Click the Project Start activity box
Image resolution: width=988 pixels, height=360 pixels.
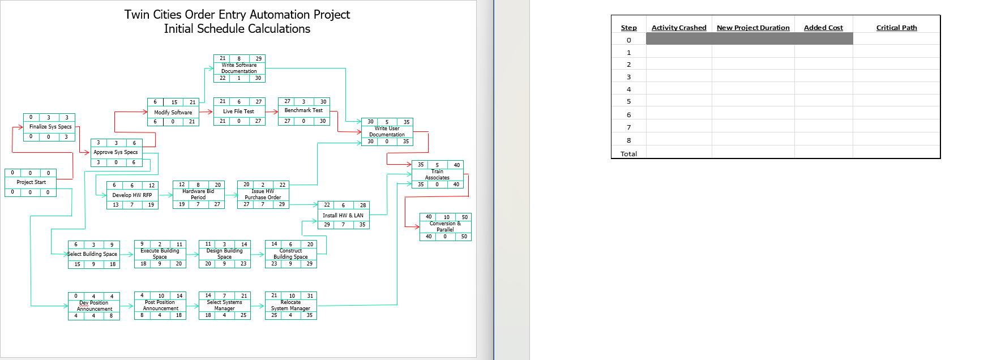[x=31, y=182]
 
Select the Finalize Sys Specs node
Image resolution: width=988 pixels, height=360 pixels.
[x=49, y=127]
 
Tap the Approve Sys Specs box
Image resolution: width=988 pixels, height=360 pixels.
[x=116, y=152]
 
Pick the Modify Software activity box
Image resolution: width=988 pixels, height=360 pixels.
[x=173, y=112]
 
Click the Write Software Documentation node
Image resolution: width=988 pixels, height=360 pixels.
[x=239, y=68]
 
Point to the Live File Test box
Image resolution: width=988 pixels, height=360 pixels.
[x=238, y=112]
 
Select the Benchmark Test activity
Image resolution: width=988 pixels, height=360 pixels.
[x=303, y=111]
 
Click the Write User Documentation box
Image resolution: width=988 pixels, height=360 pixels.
[x=387, y=132]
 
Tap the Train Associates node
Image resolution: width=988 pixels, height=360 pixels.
[x=437, y=174]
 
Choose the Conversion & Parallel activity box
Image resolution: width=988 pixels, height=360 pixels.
[x=445, y=226]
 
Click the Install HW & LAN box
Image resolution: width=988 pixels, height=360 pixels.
[x=343, y=215]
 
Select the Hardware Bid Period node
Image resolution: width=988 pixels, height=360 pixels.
[x=198, y=195]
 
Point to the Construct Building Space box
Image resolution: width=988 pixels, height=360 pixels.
[x=290, y=254]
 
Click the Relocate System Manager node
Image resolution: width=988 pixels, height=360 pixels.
[x=290, y=305]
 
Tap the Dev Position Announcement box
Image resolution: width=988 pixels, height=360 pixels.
[x=94, y=306]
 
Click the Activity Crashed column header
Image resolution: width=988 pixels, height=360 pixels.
[x=679, y=28]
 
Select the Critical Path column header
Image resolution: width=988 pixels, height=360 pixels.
[x=896, y=28]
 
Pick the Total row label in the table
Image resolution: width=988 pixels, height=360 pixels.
[x=628, y=154]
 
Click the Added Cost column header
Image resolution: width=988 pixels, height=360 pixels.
[x=823, y=28]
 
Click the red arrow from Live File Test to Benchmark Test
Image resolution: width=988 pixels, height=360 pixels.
[x=272, y=112]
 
